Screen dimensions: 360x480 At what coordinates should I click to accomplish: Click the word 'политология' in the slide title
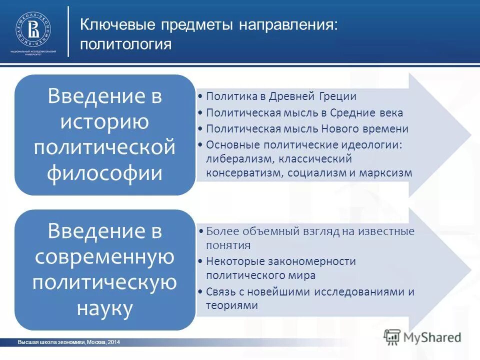(x=126, y=44)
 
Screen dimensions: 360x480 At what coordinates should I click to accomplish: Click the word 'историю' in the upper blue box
(x=105, y=122)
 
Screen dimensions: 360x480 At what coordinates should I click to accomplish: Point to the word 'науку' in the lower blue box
(x=105, y=308)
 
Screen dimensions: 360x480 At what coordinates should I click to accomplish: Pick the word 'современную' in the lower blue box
(x=105, y=257)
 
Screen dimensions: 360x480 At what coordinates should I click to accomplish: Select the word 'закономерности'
(x=319, y=261)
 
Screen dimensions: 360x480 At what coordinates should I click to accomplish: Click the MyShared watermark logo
(x=422, y=336)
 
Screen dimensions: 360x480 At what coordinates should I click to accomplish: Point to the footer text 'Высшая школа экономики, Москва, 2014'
(x=69, y=342)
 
